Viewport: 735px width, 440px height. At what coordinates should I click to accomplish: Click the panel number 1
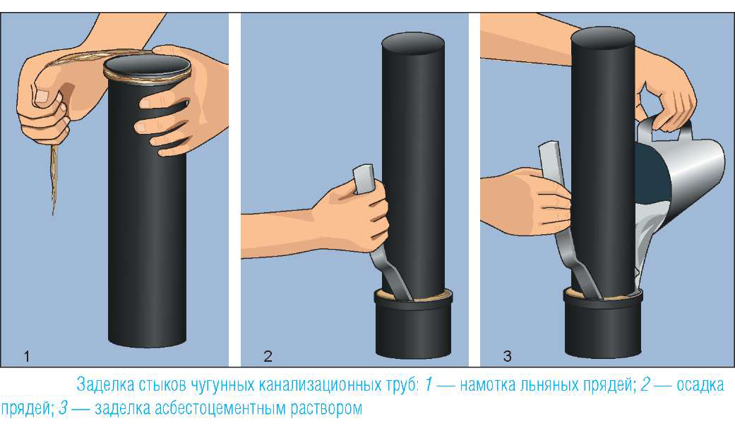tap(27, 357)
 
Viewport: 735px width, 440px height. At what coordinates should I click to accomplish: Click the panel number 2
tap(268, 357)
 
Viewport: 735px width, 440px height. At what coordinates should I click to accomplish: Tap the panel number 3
tap(507, 357)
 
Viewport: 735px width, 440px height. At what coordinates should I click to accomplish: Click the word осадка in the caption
tap(701, 385)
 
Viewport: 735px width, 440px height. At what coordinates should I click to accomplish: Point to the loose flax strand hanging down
tap(54, 178)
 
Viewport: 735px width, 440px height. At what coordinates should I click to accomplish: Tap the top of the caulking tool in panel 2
tap(364, 178)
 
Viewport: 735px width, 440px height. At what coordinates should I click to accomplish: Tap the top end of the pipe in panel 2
tap(413, 43)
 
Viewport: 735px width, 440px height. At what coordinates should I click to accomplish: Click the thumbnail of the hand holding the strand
tap(42, 97)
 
